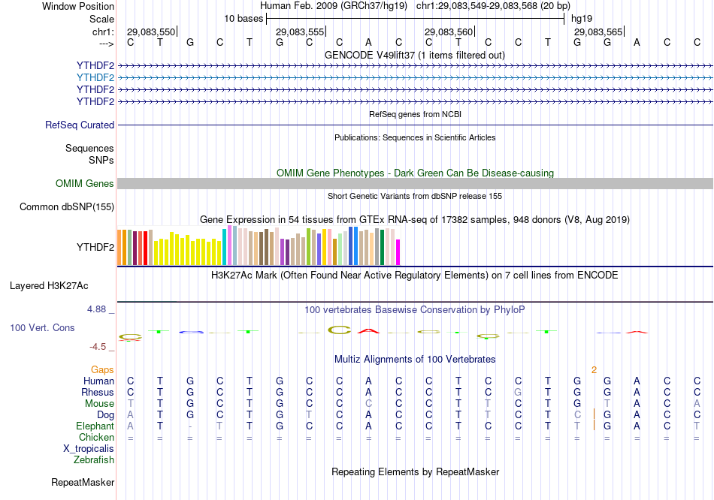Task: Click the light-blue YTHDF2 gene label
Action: click(95, 77)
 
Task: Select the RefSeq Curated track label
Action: click(80, 125)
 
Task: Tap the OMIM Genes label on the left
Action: click(85, 184)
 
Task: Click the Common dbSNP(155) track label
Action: click(67, 207)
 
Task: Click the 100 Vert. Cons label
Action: click(42, 328)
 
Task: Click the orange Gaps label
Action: click(102, 369)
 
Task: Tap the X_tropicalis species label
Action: click(89, 448)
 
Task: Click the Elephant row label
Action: click(94, 426)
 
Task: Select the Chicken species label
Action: click(97, 437)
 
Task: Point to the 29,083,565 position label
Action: click(598, 32)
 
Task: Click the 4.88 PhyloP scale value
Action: click(101, 309)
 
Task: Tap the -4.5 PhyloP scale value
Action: click(101, 347)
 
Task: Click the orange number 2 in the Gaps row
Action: click(594, 369)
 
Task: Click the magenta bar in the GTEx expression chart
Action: click(398, 252)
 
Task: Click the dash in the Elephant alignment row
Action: click(190, 426)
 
